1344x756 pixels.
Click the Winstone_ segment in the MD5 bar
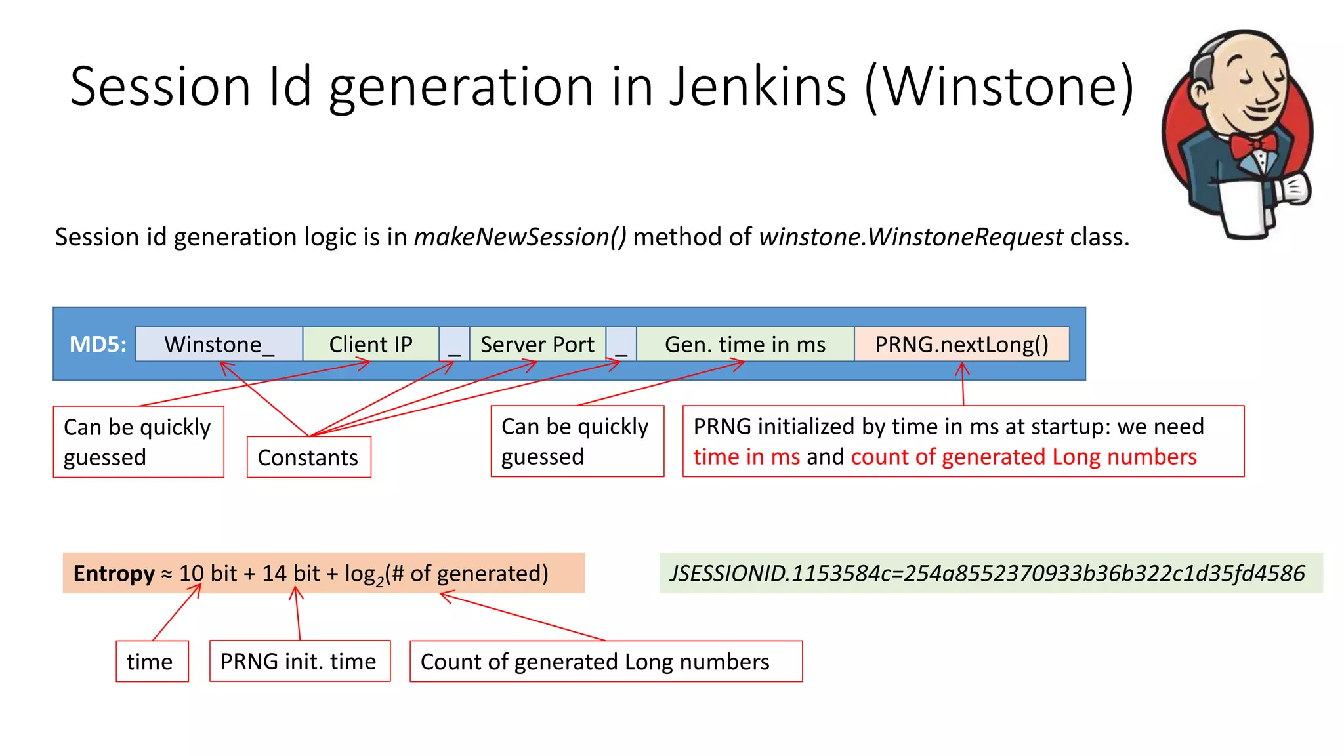[x=219, y=344]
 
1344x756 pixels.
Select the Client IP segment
[x=370, y=344]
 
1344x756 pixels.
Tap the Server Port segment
[x=537, y=344]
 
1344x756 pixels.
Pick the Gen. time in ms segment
[x=745, y=344]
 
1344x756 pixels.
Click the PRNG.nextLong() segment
[x=961, y=344]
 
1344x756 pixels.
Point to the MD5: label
[x=98, y=344]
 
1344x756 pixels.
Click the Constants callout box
[x=308, y=457]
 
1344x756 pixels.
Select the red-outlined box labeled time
[x=152, y=661]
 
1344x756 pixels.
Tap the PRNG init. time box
[x=299, y=661]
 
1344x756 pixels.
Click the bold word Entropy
[x=114, y=574]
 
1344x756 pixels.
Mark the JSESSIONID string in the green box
[x=987, y=574]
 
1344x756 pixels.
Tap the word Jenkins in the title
[x=758, y=86]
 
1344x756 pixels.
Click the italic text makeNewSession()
[x=520, y=237]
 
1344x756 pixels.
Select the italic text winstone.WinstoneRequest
[x=911, y=237]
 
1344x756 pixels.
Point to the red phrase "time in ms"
[x=746, y=457]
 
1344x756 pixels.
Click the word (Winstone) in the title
[x=999, y=86]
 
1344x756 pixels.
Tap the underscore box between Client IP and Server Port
[x=454, y=344]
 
